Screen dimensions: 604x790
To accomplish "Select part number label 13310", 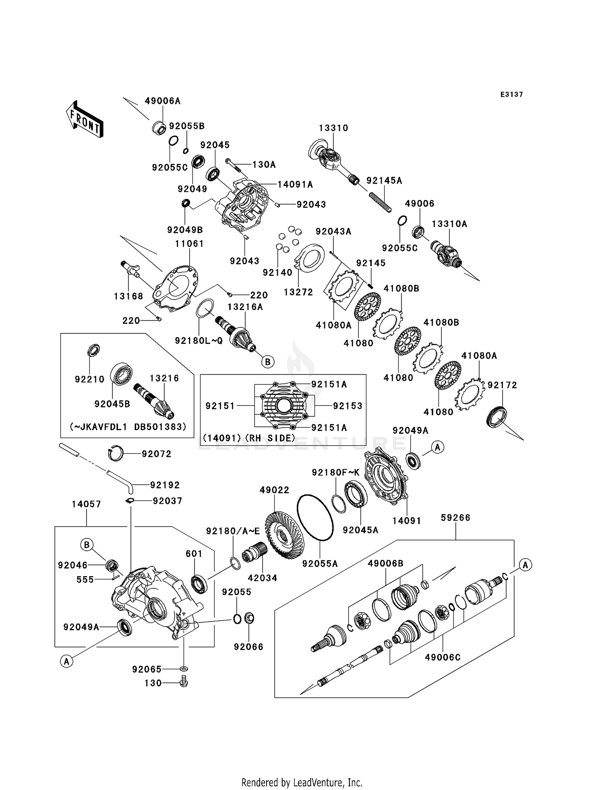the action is (333, 128).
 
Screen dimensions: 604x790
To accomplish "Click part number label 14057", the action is (87, 504).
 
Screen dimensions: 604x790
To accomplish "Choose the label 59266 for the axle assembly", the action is (455, 517).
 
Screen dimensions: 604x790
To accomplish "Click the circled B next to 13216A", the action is (268, 362).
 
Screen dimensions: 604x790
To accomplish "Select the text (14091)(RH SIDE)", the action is (249, 438).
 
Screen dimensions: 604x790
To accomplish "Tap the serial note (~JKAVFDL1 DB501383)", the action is (128, 426).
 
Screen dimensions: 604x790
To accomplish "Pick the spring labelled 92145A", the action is (380, 201).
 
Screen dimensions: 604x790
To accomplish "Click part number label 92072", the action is (156, 454).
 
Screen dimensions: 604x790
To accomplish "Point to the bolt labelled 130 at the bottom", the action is (184, 682).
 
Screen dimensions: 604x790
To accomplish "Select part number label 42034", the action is (263, 578).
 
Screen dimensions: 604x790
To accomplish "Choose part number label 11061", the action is (189, 244).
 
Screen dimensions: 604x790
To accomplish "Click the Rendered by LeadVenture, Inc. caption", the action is (302, 782).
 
